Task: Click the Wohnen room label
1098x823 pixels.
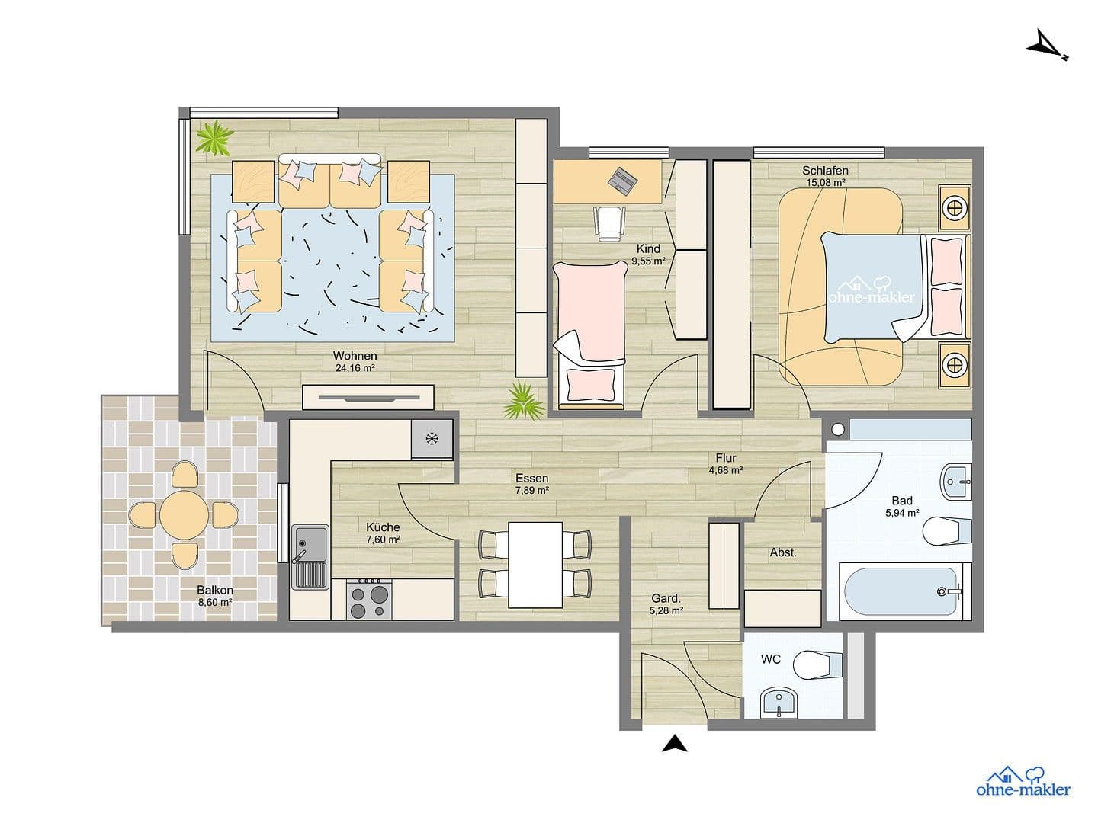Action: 355,356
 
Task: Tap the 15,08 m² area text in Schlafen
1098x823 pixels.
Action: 825,183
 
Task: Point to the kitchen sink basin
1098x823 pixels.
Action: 310,543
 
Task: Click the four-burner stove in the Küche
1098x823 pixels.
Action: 369,599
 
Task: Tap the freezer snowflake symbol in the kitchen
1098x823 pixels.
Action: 431,439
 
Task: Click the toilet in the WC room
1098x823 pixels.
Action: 813,665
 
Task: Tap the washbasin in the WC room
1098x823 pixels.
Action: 779,702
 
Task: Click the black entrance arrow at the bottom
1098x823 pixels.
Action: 673,744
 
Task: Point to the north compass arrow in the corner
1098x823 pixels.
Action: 1045,45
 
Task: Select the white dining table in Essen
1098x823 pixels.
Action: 536,564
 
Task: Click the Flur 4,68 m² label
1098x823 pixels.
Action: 725,464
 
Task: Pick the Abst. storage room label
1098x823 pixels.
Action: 783,552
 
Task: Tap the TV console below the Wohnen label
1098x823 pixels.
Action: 368,397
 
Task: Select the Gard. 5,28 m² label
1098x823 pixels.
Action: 666,604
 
